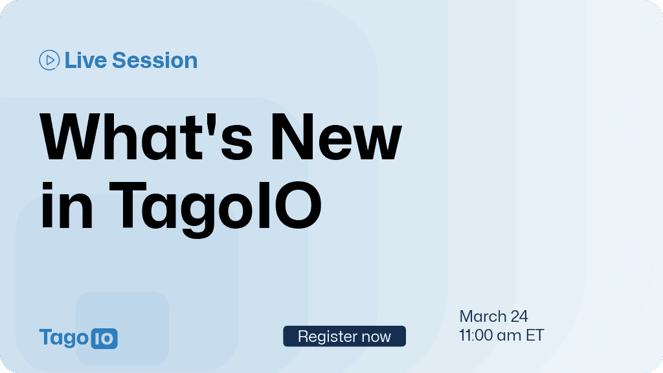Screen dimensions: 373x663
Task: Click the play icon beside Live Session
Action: [49, 60]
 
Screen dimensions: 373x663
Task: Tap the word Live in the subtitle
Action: [86, 60]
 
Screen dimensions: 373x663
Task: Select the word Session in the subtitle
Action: [155, 60]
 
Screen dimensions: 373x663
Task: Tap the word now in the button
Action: [376, 337]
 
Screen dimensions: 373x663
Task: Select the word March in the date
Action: [483, 317]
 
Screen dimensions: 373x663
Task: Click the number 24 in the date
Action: [519, 317]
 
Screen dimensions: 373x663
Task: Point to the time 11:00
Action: [478, 335]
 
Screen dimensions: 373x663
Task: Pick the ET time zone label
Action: [535, 335]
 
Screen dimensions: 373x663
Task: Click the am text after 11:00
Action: [512, 335]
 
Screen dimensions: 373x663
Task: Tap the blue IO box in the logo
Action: [104, 338]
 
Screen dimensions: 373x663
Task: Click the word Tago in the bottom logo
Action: [63, 338]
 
